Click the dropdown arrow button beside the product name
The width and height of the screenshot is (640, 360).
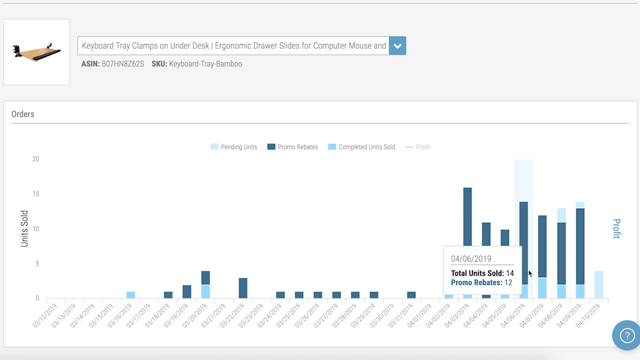(397, 46)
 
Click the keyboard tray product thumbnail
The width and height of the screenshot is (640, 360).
(37, 52)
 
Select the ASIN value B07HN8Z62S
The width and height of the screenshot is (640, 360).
(123, 64)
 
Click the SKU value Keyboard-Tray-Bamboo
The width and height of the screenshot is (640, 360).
(205, 64)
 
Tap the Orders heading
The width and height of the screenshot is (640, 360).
(23, 114)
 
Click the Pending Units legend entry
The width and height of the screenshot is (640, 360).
(234, 147)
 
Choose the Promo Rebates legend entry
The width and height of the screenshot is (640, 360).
(293, 147)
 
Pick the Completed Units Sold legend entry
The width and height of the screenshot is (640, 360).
(362, 147)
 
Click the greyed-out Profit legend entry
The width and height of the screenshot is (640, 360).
(418, 147)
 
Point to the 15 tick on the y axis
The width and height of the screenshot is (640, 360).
(36, 194)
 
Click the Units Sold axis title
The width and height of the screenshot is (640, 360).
(24, 229)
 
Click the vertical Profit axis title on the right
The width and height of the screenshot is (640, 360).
(617, 229)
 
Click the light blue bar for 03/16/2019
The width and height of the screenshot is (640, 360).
(131, 295)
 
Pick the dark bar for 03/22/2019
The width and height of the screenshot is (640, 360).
(243, 288)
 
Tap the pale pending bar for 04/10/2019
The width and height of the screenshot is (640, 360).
(599, 285)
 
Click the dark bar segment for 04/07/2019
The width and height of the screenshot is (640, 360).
(542, 246)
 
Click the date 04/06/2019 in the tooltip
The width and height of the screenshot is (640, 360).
(471, 259)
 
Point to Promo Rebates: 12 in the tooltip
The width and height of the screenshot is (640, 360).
(481, 283)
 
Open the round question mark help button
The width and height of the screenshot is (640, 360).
(627, 335)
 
